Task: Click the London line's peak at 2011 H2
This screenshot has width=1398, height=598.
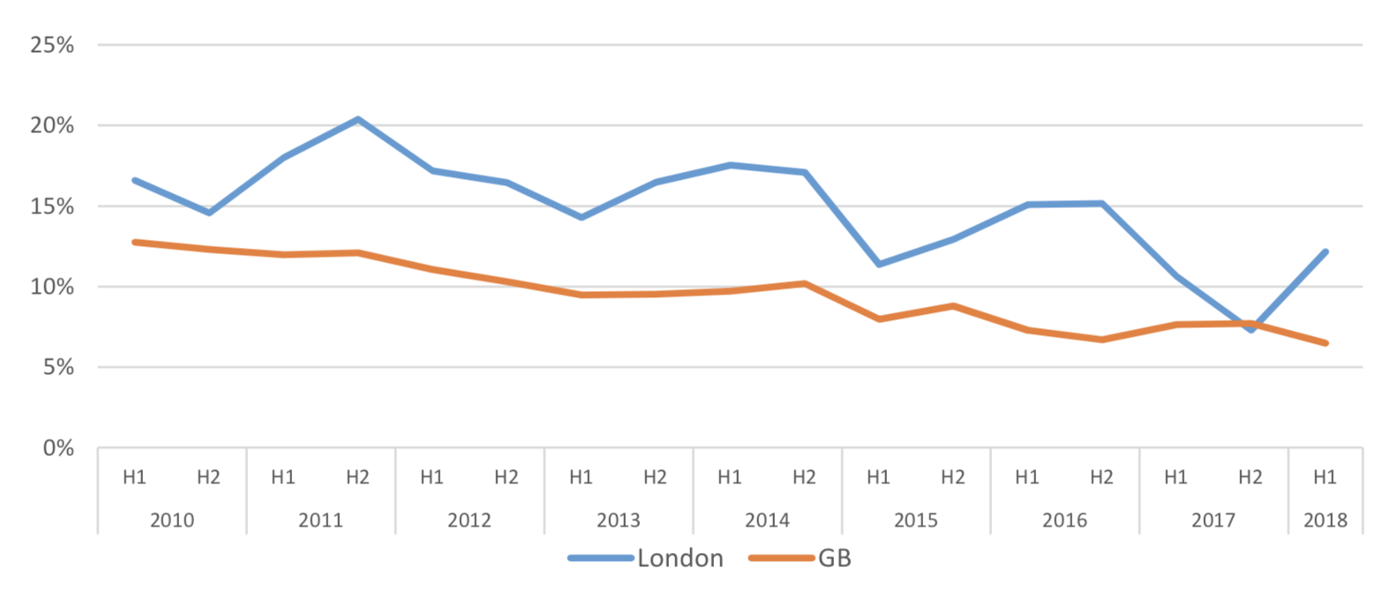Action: (x=357, y=119)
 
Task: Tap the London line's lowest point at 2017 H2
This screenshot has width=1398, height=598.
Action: (x=1251, y=329)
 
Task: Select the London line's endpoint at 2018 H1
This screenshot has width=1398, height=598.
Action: (x=1325, y=252)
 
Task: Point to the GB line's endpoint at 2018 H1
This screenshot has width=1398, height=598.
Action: (x=1325, y=343)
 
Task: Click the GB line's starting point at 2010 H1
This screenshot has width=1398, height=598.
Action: (x=134, y=242)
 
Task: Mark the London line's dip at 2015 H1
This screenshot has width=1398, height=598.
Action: (x=878, y=264)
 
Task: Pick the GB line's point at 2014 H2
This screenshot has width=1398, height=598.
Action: (x=804, y=283)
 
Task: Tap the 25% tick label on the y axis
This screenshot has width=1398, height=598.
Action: (x=52, y=45)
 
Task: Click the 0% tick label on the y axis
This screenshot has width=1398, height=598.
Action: (x=58, y=448)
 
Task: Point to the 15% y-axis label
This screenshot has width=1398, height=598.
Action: (x=52, y=206)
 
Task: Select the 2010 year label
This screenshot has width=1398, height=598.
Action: (x=171, y=520)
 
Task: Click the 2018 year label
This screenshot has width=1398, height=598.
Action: (x=1325, y=520)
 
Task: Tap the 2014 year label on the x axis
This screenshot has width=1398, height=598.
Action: (x=767, y=520)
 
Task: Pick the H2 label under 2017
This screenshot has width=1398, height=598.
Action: (x=1250, y=477)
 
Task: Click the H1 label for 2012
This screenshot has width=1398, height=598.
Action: (x=432, y=477)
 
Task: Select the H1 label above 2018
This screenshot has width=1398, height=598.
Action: (x=1325, y=477)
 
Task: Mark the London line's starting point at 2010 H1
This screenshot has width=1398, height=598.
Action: (x=134, y=180)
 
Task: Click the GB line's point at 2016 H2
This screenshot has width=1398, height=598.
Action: (x=1101, y=340)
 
